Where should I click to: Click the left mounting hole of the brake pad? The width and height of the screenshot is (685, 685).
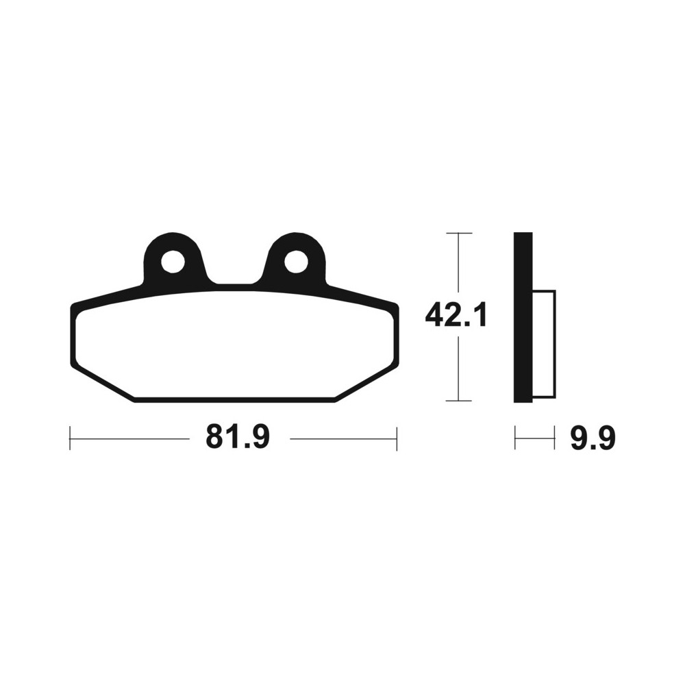tap(173, 262)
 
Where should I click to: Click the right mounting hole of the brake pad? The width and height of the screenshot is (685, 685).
tap(296, 262)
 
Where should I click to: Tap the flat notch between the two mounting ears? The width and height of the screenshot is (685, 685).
tap(234, 284)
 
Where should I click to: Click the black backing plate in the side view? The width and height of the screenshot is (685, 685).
tap(523, 317)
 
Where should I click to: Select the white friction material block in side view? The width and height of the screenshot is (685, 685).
tap(545, 344)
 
